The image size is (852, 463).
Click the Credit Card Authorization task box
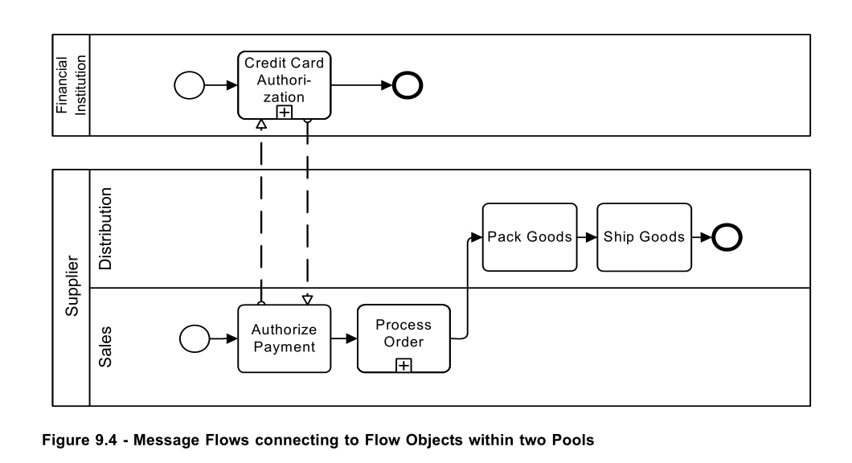click(x=285, y=85)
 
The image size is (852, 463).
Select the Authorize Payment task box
click(x=285, y=338)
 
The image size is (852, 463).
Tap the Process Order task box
click(x=403, y=338)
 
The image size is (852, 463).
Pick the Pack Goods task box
click(x=530, y=237)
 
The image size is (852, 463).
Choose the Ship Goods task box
click(x=645, y=237)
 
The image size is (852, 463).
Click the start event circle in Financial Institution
click(x=189, y=85)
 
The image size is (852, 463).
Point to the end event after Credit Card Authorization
click(x=408, y=85)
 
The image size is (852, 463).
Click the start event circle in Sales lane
click(x=195, y=338)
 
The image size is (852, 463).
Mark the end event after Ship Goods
click(x=727, y=237)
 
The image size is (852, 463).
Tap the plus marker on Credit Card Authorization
click(x=285, y=113)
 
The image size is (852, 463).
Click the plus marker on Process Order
click(x=403, y=365)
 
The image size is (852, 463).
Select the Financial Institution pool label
click(x=72, y=85)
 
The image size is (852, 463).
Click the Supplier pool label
click(x=72, y=286)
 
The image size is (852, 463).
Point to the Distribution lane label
click(x=104, y=229)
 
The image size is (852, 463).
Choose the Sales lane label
click(x=104, y=346)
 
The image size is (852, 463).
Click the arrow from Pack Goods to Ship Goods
click(x=588, y=237)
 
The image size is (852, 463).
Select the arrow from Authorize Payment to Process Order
click(x=344, y=338)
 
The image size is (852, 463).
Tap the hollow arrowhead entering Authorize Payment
click(x=308, y=300)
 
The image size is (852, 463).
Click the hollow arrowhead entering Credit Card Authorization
click(x=261, y=125)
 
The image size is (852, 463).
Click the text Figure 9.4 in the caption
click(x=80, y=440)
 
